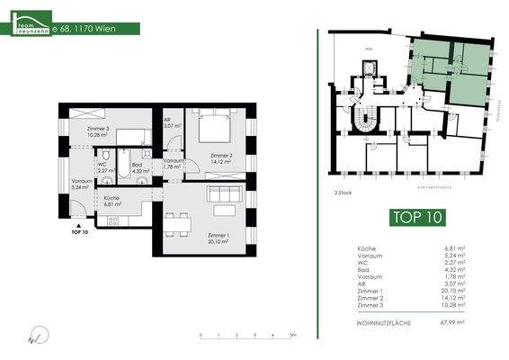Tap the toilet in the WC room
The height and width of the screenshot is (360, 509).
[x=105, y=154]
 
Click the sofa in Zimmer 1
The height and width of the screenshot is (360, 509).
[x=222, y=193]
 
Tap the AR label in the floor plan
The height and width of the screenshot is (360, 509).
[x=168, y=122]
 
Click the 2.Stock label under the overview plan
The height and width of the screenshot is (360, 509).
[x=342, y=193]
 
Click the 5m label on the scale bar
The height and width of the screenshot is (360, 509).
[x=293, y=335]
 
